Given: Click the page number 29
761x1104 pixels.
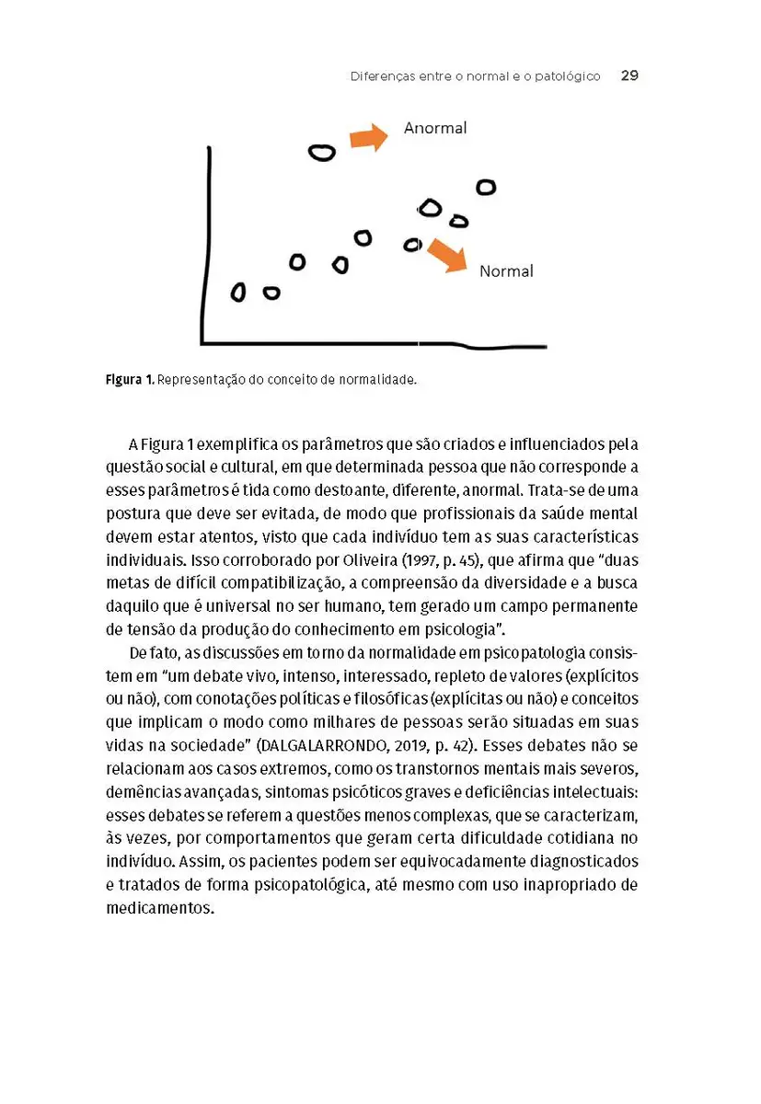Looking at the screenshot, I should tap(629, 75).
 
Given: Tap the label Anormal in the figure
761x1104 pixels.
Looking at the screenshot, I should tap(435, 128).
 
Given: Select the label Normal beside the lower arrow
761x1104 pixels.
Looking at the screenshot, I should tap(506, 271).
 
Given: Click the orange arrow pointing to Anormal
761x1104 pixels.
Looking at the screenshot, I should tap(369, 138).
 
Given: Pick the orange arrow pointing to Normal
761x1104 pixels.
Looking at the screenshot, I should tap(447, 255).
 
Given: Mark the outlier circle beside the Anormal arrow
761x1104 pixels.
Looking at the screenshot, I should tap(321, 153).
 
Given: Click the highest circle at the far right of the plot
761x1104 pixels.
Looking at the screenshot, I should tap(486, 187).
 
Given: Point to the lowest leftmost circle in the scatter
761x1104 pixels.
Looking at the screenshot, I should tap(238, 293).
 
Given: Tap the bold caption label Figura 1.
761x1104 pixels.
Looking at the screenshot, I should tap(130, 379).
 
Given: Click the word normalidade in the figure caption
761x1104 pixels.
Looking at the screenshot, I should tap(379, 379).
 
